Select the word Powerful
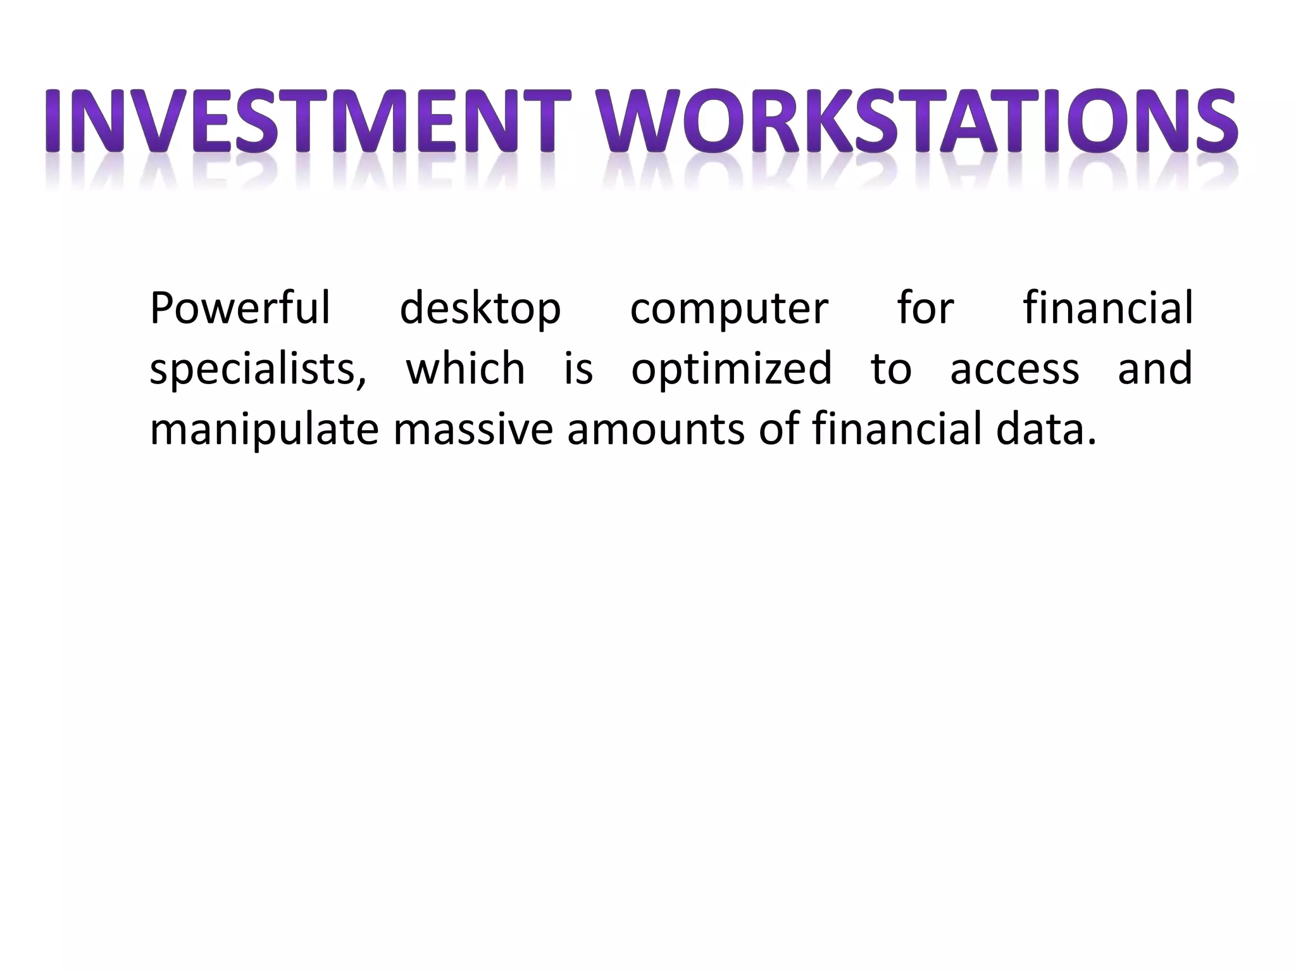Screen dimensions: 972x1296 point(240,308)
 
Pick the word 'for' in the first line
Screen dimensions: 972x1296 point(925,308)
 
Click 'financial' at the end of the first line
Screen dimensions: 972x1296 point(1107,308)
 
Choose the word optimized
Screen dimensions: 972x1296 point(732,370)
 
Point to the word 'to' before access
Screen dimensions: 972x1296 point(891,370)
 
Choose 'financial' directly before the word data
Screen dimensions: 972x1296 point(897,429)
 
